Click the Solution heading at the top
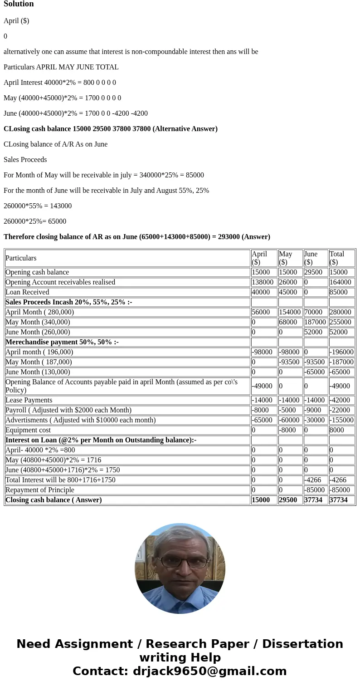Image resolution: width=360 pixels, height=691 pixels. [19, 4]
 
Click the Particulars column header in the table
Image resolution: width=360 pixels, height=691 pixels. [21, 258]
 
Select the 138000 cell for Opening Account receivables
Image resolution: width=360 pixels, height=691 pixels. [263, 282]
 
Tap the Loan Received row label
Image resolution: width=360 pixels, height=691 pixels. [27, 292]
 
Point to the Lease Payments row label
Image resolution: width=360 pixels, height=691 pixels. [29, 400]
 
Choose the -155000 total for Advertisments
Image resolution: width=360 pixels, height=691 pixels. [341, 420]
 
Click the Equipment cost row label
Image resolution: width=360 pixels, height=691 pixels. [28, 430]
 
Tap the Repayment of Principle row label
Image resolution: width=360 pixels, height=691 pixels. [39, 490]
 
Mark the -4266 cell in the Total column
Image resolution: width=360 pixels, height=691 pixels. [338, 480]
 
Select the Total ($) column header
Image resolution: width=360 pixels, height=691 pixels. [337, 258]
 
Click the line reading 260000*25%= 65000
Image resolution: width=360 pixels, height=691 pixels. [35, 221]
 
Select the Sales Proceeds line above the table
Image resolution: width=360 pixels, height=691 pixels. [25, 160]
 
